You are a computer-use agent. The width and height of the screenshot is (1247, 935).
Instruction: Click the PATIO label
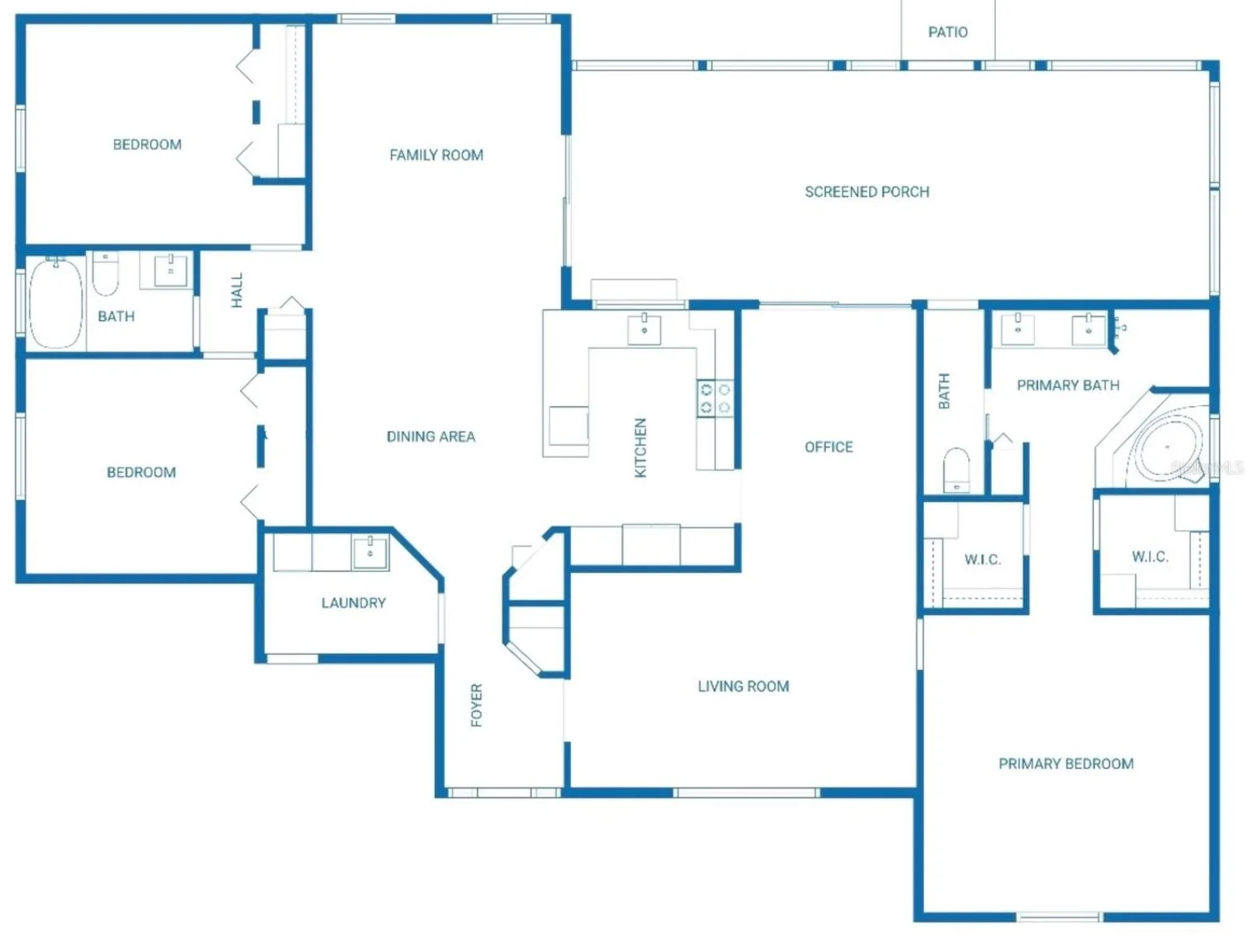point(947,33)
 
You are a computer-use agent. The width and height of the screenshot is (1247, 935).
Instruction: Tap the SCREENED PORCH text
point(867,192)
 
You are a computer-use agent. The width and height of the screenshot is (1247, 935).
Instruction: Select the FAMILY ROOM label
point(436,155)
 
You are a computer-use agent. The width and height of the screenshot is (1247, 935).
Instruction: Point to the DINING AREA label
point(430,436)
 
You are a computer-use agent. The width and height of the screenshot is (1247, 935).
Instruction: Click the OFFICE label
point(828,447)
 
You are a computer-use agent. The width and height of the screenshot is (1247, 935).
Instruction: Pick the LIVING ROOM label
point(743,686)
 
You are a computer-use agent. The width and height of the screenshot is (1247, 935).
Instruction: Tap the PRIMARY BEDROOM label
point(1065,764)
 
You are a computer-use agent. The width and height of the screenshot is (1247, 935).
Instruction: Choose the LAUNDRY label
point(353,603)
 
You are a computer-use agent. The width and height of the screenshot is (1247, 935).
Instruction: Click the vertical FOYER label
point(476,705)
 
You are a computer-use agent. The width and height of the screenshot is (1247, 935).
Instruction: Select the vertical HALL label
point(237,290)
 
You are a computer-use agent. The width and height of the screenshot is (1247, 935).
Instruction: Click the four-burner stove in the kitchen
point(715,398)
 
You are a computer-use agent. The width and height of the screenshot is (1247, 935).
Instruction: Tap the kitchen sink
point(644,330)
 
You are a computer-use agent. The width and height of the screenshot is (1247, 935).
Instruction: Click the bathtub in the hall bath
point(55,303)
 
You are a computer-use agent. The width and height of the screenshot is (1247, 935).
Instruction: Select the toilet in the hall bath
point(105,273)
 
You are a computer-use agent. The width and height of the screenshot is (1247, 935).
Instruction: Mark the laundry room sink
point(370,552)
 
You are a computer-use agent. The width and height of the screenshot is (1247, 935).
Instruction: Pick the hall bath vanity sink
point(170,271)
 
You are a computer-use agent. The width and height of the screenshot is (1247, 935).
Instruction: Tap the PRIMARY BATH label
point(1068,386)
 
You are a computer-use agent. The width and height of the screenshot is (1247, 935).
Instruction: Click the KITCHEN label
point(641,448)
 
